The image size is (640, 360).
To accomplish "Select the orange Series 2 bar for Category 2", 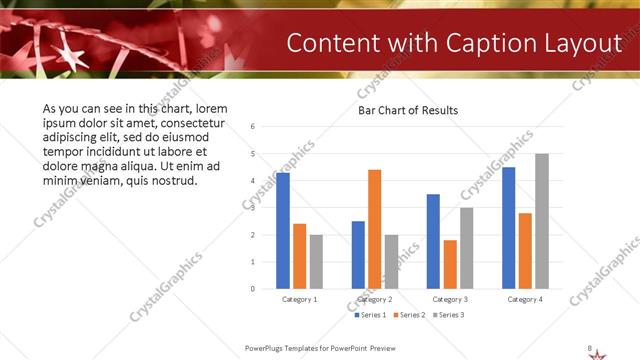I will pos(375,229).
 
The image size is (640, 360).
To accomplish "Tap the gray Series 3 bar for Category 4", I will pos(542,221).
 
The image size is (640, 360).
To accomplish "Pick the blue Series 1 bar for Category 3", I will pos(433,241).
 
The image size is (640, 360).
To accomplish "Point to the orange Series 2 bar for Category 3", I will pos(450,264).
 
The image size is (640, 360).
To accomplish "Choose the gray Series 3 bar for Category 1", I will pos(317,262).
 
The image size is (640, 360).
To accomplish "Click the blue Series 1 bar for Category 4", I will pos(508,228).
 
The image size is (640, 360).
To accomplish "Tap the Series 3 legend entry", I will pos(449,315).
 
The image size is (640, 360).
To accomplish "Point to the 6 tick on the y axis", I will pos(253,127).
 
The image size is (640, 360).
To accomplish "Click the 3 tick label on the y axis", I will pos(253,208).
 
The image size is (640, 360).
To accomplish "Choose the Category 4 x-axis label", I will pos(525,299).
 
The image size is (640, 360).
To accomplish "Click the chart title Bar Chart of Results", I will pos(408,110).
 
